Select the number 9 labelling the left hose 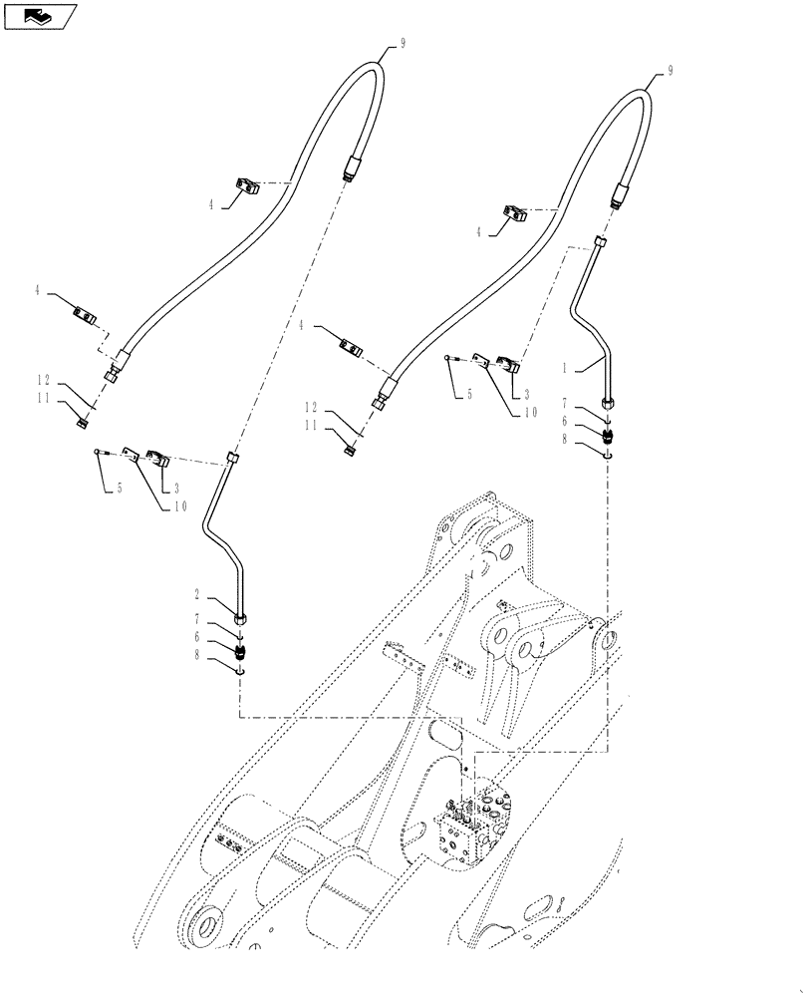403,43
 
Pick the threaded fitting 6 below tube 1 609,435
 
